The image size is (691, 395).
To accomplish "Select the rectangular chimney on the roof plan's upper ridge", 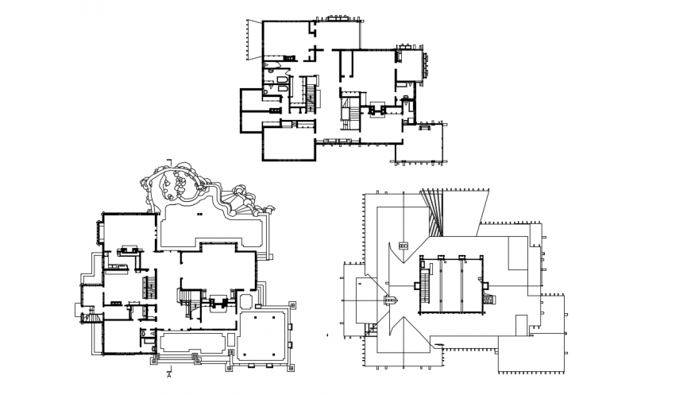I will coord(402,247).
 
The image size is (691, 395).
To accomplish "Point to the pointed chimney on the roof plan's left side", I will coord(390,300).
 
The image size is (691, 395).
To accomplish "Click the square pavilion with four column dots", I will coord(264,334).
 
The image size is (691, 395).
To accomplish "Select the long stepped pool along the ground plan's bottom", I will coord(192,343).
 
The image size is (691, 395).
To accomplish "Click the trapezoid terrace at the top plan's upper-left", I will coord(254,40).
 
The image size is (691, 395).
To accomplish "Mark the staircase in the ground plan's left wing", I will coord(147,286).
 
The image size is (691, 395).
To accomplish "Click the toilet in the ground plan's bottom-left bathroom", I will coord(143,335).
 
